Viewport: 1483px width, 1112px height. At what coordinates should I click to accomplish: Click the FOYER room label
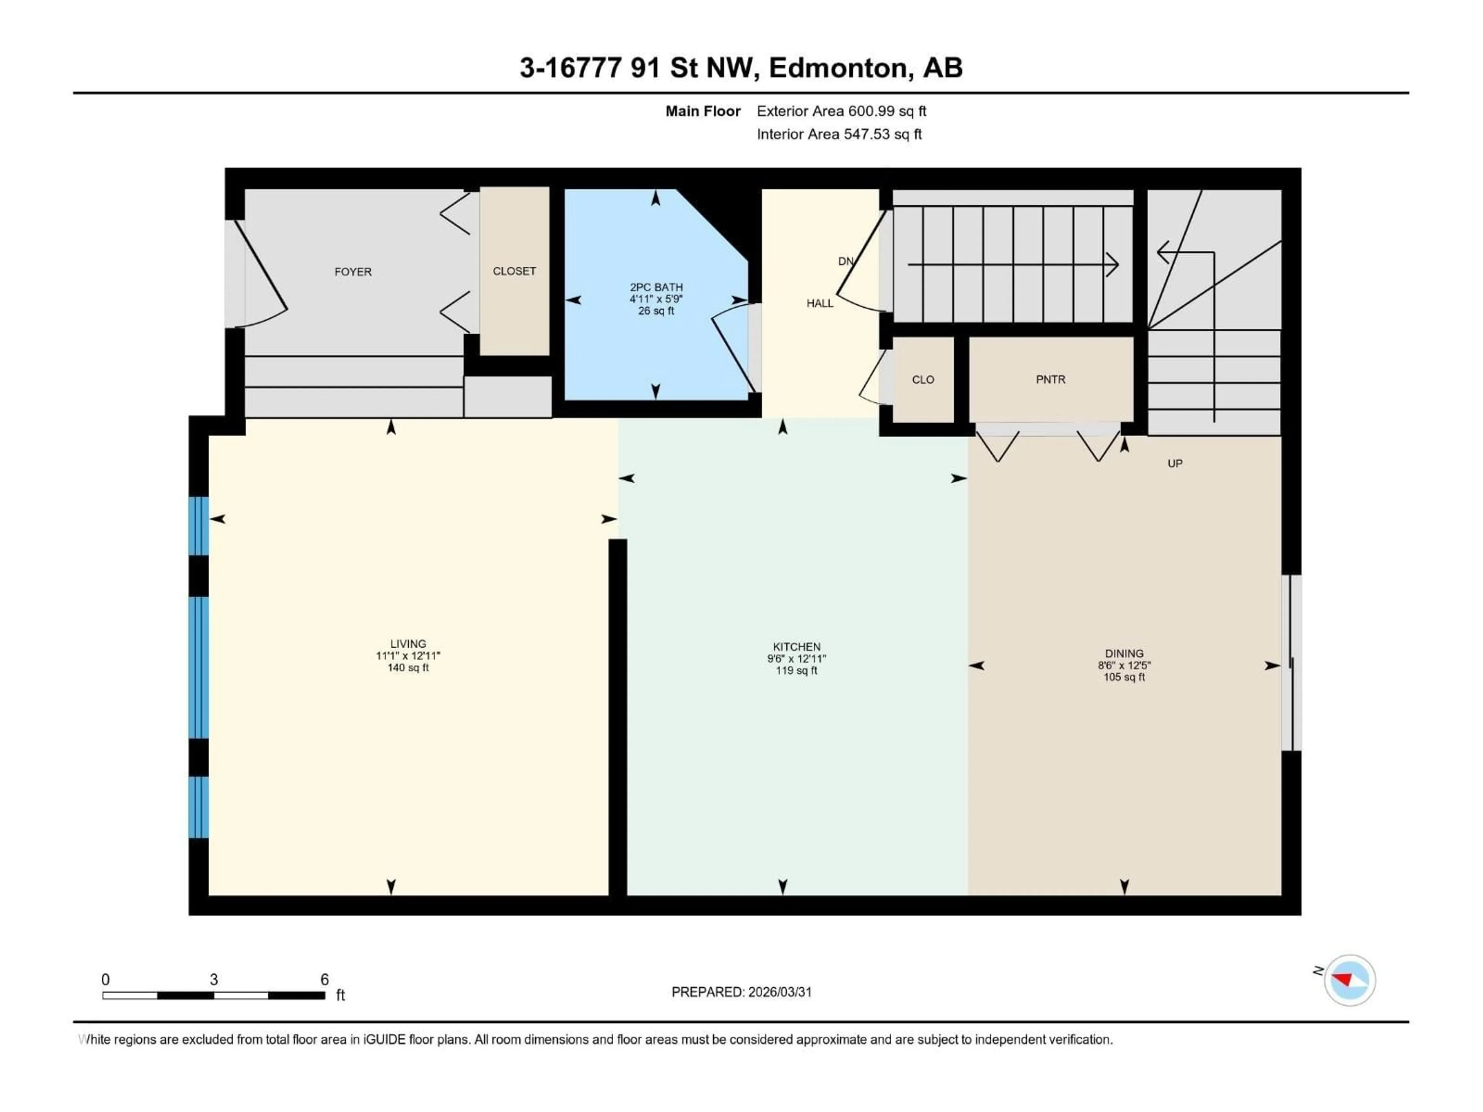tap(353, 271)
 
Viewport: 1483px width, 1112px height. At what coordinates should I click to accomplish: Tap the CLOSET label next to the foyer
tap(514, 271)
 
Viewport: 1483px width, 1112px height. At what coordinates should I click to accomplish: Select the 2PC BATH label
tap(656, 287)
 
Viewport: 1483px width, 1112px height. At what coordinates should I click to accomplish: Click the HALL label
tap(819, 303)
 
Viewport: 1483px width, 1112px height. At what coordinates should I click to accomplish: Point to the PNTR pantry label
tap(1050, 380)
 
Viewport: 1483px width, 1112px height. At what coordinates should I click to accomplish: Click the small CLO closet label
tap(923, 380)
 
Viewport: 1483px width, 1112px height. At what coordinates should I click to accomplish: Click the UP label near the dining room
tap(1174, 463)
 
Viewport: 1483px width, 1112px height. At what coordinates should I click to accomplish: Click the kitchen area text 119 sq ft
tap(796, 670)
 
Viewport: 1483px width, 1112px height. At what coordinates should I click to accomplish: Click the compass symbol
tap(1350, 980)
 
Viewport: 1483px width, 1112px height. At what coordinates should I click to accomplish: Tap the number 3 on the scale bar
tap(214, 979)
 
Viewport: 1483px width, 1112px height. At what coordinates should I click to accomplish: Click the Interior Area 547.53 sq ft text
tap(839, 134)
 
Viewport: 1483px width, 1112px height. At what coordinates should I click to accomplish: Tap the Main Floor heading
tap(702, 111)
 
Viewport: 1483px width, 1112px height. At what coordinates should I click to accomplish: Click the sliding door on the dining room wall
tap(1291, 664)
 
